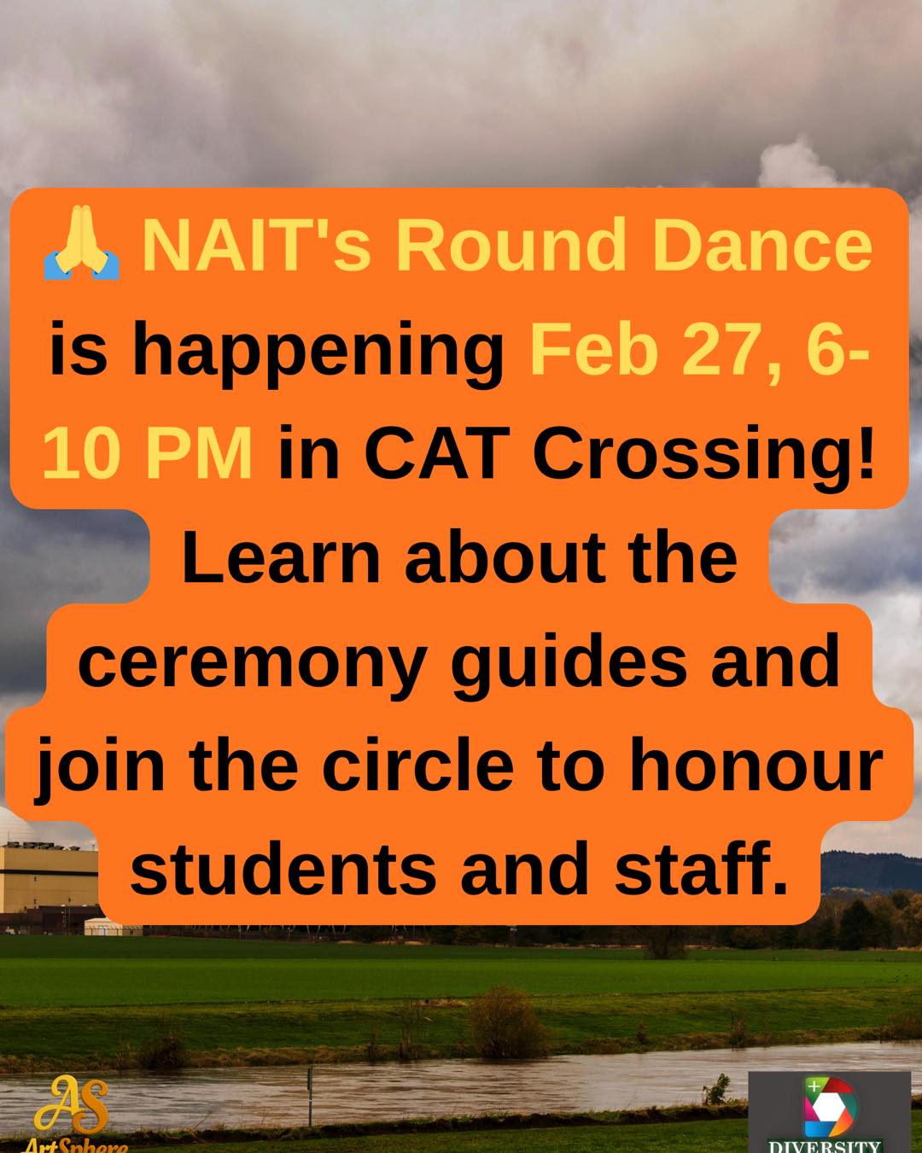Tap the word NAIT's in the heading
point(257,245)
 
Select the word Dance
point(762,245)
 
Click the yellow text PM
point(198,453)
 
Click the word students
point(283,869)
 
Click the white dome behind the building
point(15,826)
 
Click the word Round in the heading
point(511,245)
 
